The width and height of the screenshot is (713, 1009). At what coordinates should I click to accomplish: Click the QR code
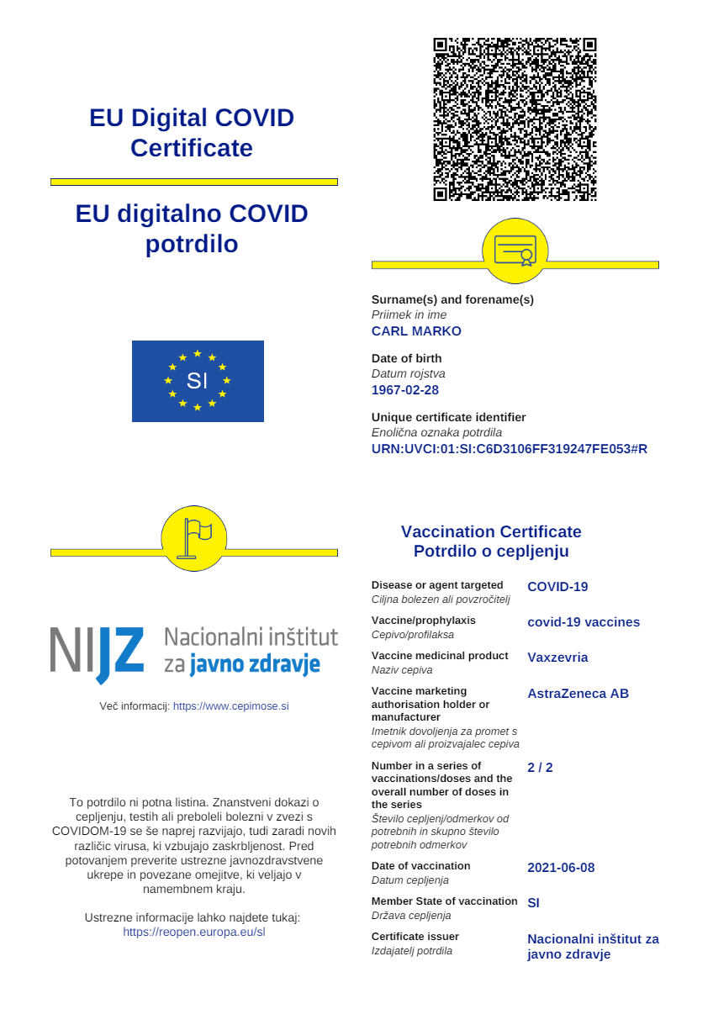coord(515,119)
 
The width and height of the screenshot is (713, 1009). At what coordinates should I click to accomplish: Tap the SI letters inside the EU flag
coord(197,381)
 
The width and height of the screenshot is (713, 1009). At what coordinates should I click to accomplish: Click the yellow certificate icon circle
coord(515,251)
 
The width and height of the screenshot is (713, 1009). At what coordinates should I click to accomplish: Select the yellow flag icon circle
coord(194,539)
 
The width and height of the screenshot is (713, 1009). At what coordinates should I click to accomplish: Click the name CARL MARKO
coord(416,331)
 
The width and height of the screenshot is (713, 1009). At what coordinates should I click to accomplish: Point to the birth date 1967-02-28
coord(405,390)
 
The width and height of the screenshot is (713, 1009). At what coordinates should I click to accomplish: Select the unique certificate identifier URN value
coord(510,449)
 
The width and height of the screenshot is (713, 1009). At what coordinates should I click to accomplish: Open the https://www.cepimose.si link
coord(230,706)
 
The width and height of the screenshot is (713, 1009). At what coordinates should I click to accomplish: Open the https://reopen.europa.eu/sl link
coord(194,932)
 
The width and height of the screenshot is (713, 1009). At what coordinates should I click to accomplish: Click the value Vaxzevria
coord(557,658)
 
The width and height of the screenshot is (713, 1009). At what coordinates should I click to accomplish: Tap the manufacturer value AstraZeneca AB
coord(578,694)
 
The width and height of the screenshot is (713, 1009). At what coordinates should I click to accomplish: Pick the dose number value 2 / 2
coord(540,768)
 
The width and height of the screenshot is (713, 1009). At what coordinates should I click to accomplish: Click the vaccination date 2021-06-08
coord(561,868)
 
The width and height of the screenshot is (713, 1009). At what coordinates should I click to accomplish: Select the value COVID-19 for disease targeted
coord(557,587)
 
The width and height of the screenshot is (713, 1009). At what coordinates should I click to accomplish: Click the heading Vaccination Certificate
coord(491,531)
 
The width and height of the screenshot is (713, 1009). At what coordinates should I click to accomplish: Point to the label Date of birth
coord(406,358)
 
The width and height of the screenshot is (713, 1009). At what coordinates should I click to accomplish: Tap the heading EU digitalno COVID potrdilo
coord(192,229)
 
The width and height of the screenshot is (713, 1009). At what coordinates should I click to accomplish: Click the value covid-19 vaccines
coord(584,622)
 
